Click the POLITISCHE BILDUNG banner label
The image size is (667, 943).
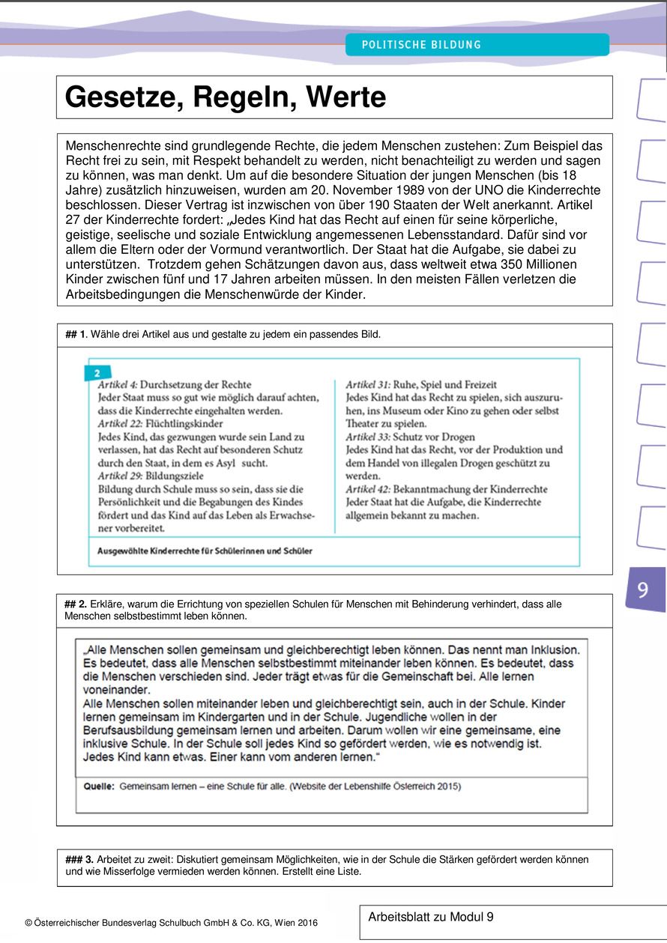421,45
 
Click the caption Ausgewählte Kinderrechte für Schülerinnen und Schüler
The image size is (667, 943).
205,551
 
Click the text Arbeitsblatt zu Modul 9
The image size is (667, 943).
431,917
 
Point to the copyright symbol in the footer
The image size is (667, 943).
28,923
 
